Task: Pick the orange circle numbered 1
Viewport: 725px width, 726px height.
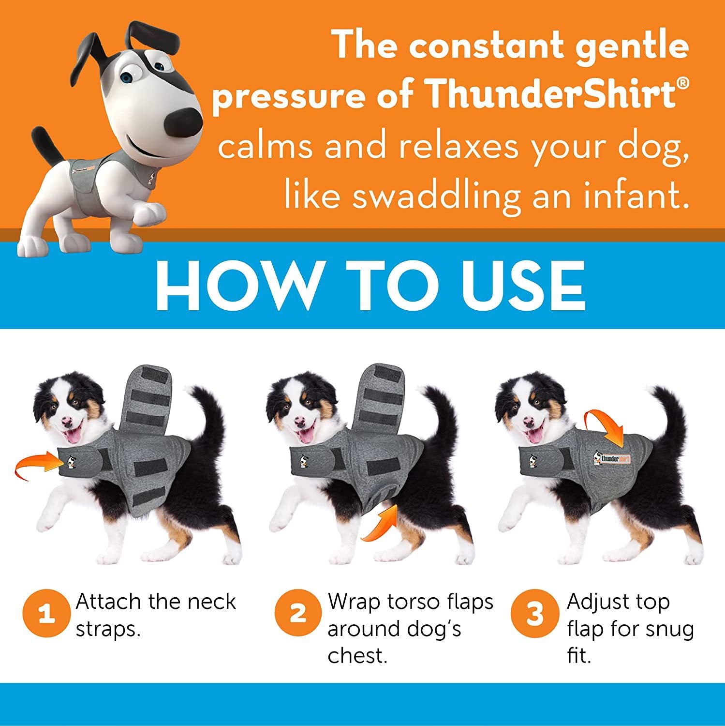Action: click(x=46, y=613)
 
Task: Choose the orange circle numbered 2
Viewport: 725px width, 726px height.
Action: click(x=298, y=613)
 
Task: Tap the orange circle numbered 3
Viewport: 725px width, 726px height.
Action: click(x=534, y=613)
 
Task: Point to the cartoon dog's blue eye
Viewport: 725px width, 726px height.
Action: click(x=127, y=77)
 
